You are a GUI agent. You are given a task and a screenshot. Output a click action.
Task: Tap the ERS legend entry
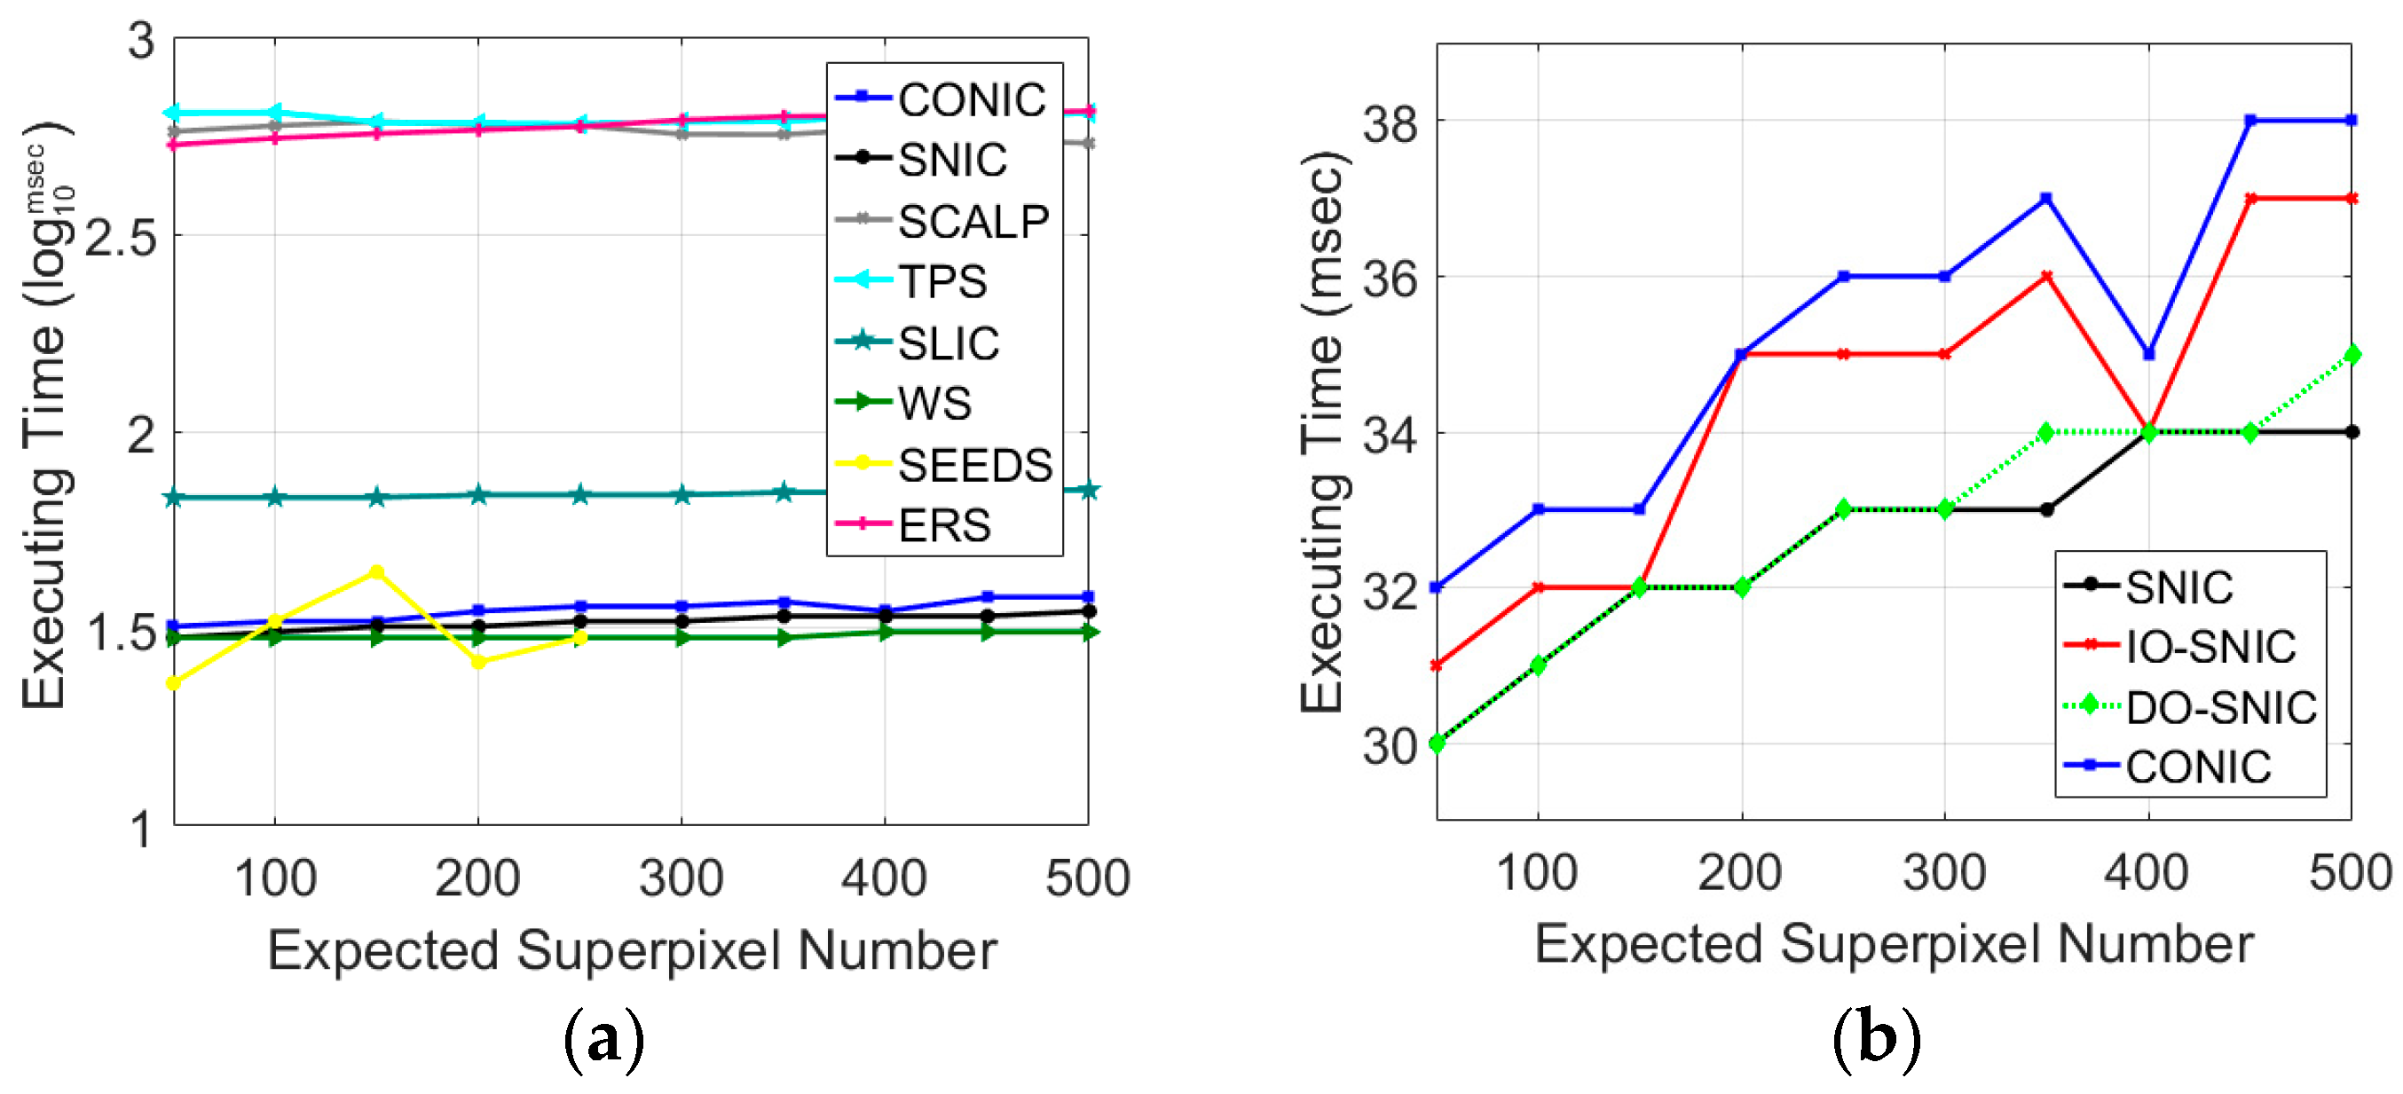[x=943, y=525]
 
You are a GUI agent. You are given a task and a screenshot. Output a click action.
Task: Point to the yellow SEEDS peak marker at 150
[x=376, y=571]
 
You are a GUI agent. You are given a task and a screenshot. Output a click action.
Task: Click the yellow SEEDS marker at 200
[x=478, y=661]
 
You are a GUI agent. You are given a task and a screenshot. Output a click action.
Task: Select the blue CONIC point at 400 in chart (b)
[x=2148, y=354]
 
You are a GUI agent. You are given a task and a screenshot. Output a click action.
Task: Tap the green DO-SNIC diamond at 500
[x=2352, y=354]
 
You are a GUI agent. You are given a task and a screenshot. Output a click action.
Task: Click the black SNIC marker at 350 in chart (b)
[x=2046, y=509]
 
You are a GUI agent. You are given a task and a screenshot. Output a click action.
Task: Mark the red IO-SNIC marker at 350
[x=2046, y=277]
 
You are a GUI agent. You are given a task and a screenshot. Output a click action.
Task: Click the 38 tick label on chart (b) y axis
[x=1389, y=123]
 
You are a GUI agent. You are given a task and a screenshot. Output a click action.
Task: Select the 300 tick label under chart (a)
[x=681, y=878]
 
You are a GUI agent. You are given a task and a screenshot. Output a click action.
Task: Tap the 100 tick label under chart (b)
[x=1536, y=873]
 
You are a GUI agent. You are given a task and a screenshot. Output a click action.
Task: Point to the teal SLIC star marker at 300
[x=682, y=494]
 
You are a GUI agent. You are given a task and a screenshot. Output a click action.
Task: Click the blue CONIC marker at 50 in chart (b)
[x=1437, y=587]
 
